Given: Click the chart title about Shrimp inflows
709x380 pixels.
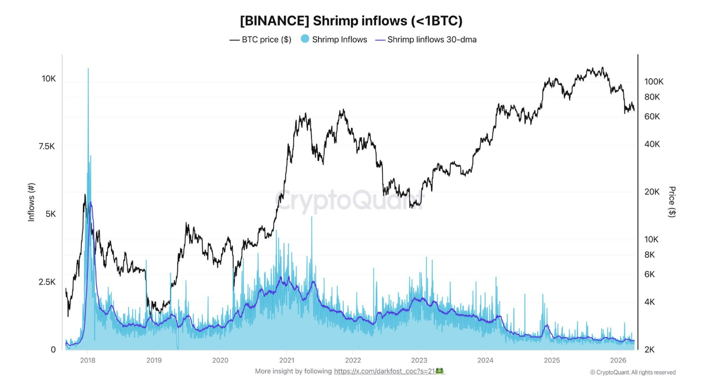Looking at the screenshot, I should coord(351,21).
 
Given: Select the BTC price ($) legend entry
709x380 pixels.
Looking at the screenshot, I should coord(260,39).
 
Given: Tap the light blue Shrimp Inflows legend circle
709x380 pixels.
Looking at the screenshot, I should coord(305,39).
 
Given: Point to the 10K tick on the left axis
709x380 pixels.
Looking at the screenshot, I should coord(48,79).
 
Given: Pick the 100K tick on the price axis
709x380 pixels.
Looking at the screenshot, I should coord(654,81).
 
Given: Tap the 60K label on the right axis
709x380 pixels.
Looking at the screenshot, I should coord(652,116).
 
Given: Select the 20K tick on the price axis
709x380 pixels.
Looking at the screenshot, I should coord(652,192).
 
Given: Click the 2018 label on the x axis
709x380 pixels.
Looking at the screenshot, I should coord(87,360).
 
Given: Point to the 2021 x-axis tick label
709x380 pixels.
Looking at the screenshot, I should coord(286,360).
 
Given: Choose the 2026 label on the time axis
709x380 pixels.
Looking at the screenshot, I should coord(618,360).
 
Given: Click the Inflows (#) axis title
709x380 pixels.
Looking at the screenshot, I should coord(31,201).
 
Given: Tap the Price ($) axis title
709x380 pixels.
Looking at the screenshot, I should coord(672,201).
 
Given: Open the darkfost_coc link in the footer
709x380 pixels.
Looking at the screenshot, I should coord(384,371).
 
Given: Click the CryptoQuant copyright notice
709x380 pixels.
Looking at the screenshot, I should coord(633,372).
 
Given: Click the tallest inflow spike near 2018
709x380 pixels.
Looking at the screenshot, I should coord(88,70).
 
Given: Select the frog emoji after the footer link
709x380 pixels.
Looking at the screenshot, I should coord(440,371).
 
